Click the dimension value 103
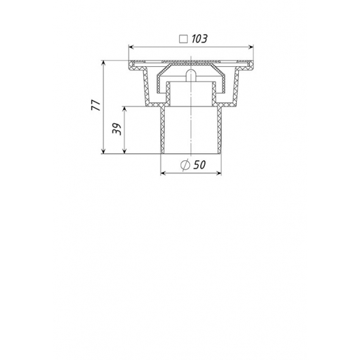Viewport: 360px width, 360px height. coord(200,39)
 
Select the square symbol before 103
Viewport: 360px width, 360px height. coord(184,39)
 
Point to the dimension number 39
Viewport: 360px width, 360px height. coord(116,129)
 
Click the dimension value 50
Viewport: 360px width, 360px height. coord(200,165)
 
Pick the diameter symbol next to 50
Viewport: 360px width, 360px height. coord(185,165)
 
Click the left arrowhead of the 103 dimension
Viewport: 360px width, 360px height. coord(132,46)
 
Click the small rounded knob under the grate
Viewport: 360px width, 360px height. coord(192,75)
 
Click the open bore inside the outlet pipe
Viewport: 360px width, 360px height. coord(192,131)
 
